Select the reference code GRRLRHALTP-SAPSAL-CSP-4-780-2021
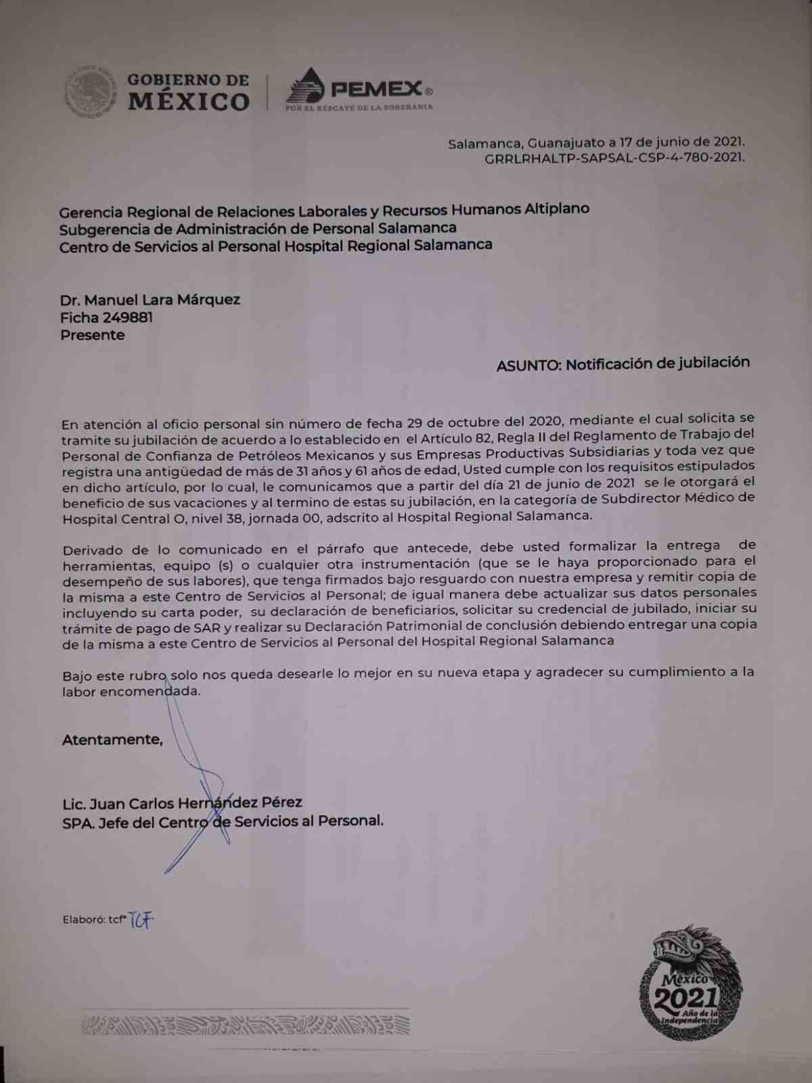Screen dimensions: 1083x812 (x=614, y=157)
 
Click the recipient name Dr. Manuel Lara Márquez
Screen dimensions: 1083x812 (x=150, y=299)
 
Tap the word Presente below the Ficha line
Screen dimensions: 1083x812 (x=93, y=335)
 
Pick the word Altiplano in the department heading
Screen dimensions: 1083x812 (x=557, y=208)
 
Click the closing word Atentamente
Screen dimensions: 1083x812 (x=112, y=739)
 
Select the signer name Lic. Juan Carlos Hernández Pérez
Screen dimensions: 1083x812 (x=182, y=803)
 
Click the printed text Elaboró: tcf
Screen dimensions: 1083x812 (x=94, y=919)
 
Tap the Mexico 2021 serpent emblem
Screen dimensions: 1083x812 (x=690, y=982)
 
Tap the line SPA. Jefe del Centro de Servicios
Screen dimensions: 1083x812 (x=223, y=821)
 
